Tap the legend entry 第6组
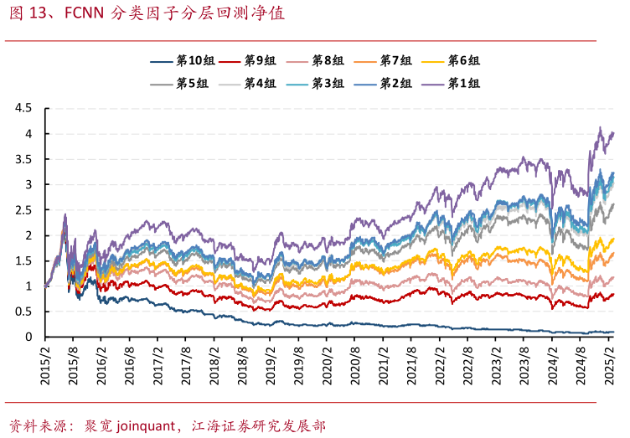pyautogui.click(x=463, y=61)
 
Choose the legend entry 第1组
pyautogui.click(x=463, y=84)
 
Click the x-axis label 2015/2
pyautogui.click(x=45, y=365)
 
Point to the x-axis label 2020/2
pyautogui.click(x=329, y=365)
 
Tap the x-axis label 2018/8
pyautogui.click(x=244, y=365)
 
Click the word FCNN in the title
pyautogui.click(x=85, y=15)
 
